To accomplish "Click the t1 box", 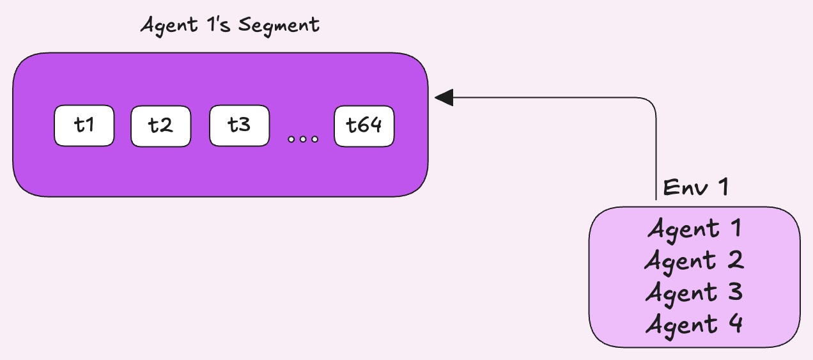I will [84, 125].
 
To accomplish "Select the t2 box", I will [161, 126].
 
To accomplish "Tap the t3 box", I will [239, 126].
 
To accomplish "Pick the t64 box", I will [364, 126].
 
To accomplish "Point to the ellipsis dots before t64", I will [302, 139].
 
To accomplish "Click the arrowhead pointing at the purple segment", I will [444, 97].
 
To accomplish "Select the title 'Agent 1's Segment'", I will [229, 26].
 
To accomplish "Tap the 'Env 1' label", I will [695, 187].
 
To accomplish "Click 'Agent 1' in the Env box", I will [695, 228].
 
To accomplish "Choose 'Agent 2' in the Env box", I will [695, 260].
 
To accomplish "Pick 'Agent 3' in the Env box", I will [695, 292].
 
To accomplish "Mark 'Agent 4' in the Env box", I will [695, 324].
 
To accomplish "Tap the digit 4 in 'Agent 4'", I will [734, 324].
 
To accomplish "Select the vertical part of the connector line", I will [656, 153].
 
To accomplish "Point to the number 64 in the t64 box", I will [371, 126].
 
